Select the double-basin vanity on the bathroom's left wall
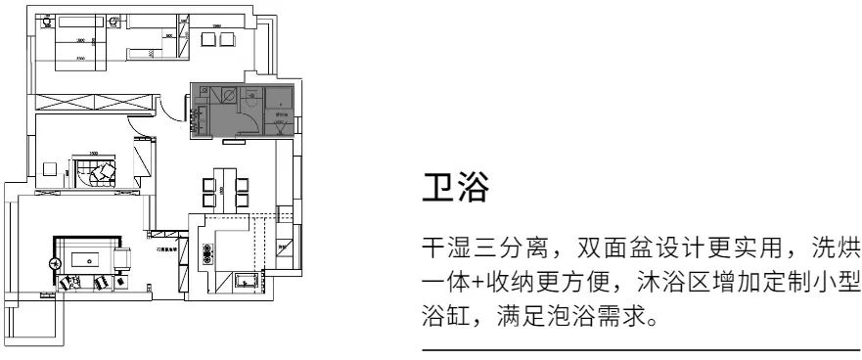(202, 116)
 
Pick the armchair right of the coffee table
(124, 260)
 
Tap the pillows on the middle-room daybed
(99, 175)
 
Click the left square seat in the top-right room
(207, 38)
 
